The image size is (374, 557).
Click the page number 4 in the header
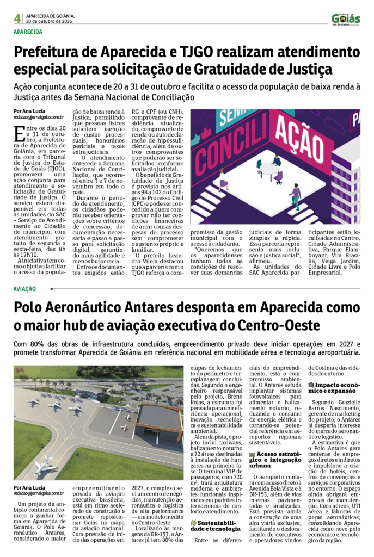pos(17,18)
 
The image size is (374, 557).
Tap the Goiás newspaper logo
pos(346,20)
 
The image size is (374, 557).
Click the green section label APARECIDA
pos(28,33)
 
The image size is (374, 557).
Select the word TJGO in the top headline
pos(197,52)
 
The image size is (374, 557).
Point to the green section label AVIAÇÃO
pos(25,289)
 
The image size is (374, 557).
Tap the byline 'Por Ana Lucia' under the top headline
pos(30,111)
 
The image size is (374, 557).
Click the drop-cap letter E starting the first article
pos(20,132)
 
